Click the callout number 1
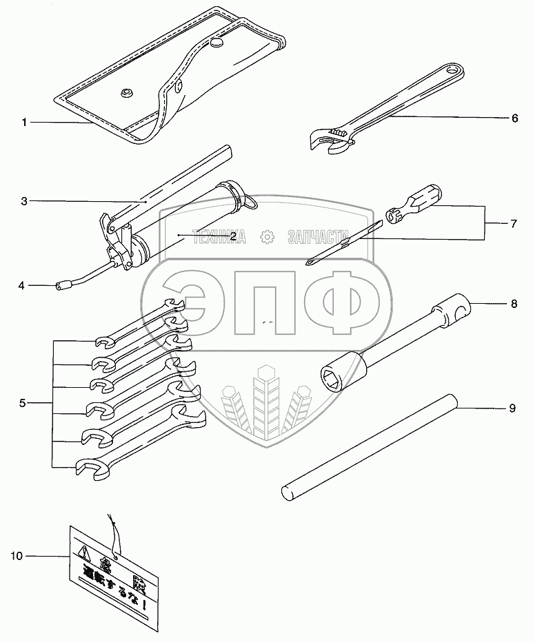(x=23, y=123)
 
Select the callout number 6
(x=514, y=118)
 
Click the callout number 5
(x=23, y=403)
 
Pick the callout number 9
(x=512, y=408)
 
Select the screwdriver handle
(x=422, y=200)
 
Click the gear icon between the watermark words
(x=266, y=238)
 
